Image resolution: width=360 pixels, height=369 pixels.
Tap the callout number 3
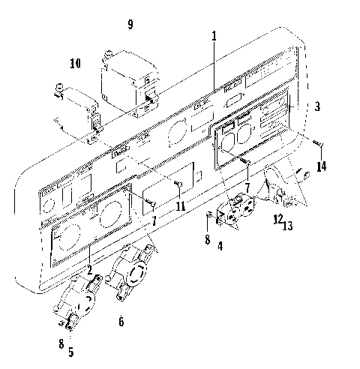(317, 107)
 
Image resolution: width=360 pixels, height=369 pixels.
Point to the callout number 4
(220, 245)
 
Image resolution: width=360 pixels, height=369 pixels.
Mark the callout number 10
(75, 64)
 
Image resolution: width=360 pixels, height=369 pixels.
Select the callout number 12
(277, 219)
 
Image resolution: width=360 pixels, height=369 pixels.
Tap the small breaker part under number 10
(93, 116)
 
